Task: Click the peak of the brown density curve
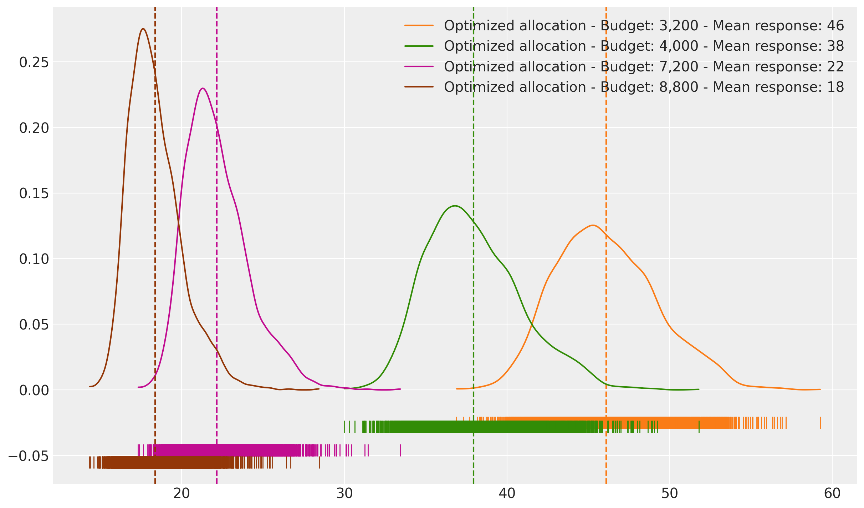(x=143, y=29)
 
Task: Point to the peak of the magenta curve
(x=203, y=88)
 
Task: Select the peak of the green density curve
(x=455, y=206)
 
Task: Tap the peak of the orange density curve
(x=593, y=225)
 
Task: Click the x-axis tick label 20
(x=182, y=494)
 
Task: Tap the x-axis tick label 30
(x=344, y=494)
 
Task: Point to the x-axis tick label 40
(x=507, y=494)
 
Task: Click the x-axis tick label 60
(x=832, y=494)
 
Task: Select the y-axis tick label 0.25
(x=34, y=62)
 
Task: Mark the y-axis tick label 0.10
(x=34, y=259)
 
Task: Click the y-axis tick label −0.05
(x=29, y=456)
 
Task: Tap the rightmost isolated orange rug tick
(x=820, y=423)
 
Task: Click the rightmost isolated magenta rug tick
(x=400, y=450)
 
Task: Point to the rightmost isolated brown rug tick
(x=319, y=462)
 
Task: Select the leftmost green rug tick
(x=344, y=427)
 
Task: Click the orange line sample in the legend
(x=419, y=26)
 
